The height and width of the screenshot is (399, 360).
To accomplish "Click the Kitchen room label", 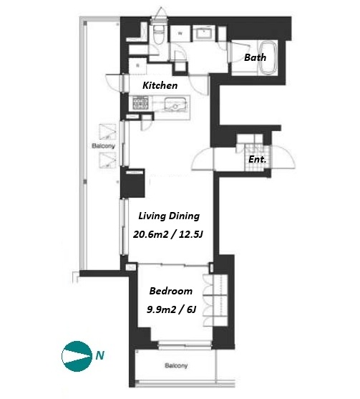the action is click(x=160, y=85).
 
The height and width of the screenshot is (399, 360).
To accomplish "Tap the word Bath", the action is click(x=255, y=57).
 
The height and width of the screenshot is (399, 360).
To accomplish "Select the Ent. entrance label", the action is click(x=257, y=159).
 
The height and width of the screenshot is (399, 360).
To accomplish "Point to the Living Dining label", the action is click(x=169, y=216).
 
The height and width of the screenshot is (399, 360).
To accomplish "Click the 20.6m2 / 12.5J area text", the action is click(x=168, y=234).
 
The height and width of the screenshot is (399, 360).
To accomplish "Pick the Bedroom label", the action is click(x=170, y=291).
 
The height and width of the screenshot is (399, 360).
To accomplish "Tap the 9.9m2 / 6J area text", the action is click(x=171, y=309).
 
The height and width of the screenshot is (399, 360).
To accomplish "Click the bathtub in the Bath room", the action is click(x=268, y=59).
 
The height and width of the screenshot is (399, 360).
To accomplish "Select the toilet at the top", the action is click(x=159, y=34).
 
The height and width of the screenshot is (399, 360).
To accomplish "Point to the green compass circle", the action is click(x=77, y=356).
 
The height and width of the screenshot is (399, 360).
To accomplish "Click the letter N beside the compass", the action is click(x=100, y=355).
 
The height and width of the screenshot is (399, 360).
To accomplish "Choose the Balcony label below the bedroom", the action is click(x=176, y=365).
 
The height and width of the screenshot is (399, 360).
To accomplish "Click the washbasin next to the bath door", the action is click(x=204, y=33).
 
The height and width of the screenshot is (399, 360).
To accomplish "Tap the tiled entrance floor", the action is click(x=256, y=158).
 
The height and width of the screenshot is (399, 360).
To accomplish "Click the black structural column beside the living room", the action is click(x=132, y=183).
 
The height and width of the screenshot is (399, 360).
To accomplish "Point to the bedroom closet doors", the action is click(x=208, y=299).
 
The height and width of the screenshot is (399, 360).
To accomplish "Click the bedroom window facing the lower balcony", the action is click(x=185, y=345).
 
